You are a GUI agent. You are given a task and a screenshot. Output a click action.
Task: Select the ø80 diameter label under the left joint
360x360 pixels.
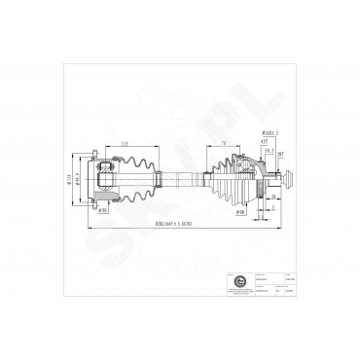point(104,208)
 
